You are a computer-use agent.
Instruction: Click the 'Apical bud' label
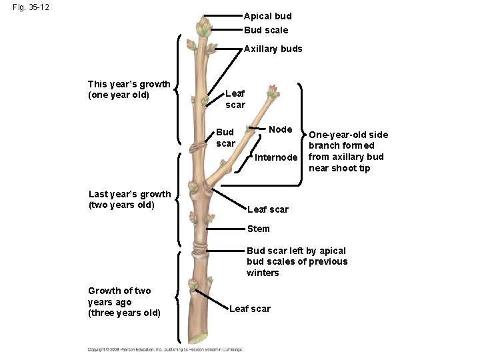pos(267,15)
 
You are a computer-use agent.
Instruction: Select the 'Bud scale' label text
pos(266,30)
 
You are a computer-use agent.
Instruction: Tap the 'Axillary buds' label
pos(273,49)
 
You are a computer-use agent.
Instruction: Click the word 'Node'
pos(280,129)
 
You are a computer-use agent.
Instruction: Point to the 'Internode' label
pos(275,157)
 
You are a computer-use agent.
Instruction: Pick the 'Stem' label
pos(258,229)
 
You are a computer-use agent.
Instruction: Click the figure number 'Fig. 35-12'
pos(30,8)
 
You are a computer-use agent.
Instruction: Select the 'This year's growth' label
pos(129,89)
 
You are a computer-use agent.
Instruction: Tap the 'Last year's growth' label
pos(129,199)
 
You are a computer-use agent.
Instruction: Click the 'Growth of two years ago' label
pos(124,301)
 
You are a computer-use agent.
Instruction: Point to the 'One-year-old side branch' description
pos(347,151)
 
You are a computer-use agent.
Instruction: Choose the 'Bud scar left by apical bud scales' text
pos(297,261)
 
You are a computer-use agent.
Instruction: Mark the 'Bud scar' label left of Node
pos(225,137)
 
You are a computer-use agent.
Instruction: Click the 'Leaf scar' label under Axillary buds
pos(235,99)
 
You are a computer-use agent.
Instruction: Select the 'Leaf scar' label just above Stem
pos(267,209)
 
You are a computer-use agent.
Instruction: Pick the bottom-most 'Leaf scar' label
pos(249,309)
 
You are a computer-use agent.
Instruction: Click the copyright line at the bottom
pos(165,349)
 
